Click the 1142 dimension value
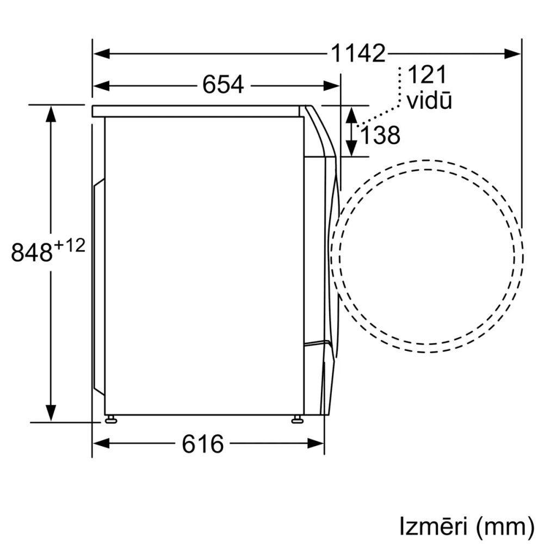tap(358, 53)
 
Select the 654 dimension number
tap(223, 85)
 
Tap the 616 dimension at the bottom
tap(202, 443)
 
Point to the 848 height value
tap(32, 253)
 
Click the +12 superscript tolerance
tap(70, 246)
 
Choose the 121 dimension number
tap(426, 74)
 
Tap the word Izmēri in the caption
tap(433, 526)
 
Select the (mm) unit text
tap(504, 526)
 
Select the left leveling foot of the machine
tap(111, 419)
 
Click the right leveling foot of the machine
tap(297, 419)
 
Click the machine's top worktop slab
tap(196, 111)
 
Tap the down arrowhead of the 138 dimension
tap(351, 147)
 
